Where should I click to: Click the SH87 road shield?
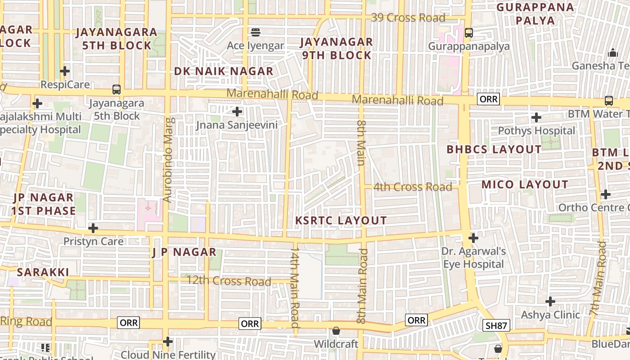[496, 325]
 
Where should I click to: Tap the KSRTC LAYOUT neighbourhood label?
[341, 220]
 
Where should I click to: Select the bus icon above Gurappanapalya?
[468, 32]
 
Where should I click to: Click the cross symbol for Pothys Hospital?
[536, 117]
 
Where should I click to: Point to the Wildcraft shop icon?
[336, 331]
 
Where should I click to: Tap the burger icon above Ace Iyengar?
[256, 32]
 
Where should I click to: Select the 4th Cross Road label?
[413, 187]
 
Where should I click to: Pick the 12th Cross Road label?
[229, 281]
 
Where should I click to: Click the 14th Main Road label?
[295, 286]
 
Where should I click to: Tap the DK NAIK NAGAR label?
[224, 71]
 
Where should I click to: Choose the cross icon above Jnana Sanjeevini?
[237, 112]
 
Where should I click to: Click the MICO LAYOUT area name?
[525, 184]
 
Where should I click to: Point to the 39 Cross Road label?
[408, 18]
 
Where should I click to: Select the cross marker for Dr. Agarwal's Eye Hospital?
[473, 238]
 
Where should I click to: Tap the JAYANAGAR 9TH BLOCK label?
[337, 49]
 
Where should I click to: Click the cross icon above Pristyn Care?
[93, 228]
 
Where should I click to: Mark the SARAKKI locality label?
[43, 272]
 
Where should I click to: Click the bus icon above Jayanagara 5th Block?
[117, 90]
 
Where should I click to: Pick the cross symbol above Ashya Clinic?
[550, 301]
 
